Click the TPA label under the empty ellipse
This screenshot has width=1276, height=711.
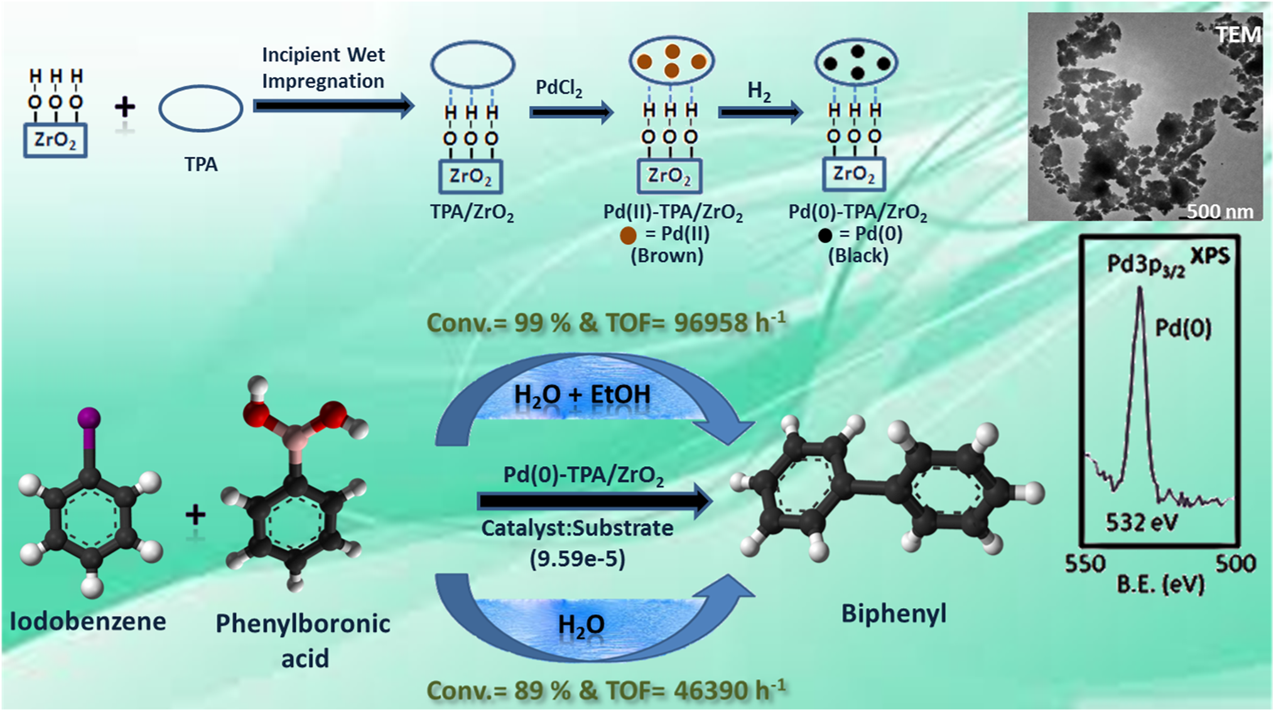[200, 164]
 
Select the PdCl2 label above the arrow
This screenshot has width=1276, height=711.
[558, 88]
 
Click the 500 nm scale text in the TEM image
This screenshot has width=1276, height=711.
[1219, 211]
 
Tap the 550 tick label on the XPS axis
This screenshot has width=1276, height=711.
[1085, 564]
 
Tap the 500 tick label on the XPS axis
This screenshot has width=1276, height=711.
[1235, 564]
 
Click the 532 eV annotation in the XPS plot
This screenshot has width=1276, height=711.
[1142, 522]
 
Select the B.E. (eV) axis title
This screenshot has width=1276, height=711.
[1160, 585]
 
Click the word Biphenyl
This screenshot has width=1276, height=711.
[893, 613]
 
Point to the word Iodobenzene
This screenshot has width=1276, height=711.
[88, 621]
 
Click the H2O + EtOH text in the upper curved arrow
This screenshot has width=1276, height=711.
[582, 395]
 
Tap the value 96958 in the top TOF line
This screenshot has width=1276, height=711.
[711, 323]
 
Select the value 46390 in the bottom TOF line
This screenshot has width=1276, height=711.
[711, 690]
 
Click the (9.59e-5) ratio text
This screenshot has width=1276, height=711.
[577, 558]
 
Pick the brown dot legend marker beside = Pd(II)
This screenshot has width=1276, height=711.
[628, 235]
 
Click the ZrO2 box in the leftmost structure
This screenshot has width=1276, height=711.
[55, 140]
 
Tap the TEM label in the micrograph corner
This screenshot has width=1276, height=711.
[1237, 35]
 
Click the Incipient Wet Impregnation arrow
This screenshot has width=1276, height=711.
[333, 106]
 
